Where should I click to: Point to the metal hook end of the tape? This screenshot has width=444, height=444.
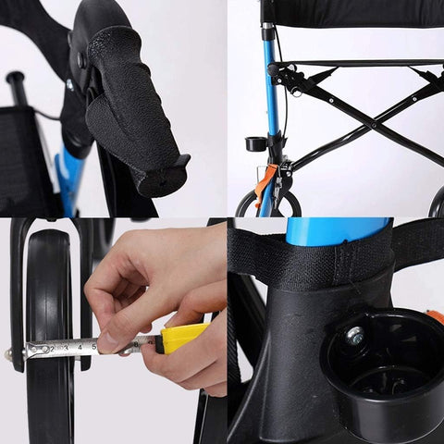click(x=26, y=351)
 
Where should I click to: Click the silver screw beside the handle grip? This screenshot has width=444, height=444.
click(x=70, y=84)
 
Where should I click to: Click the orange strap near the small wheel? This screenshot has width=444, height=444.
click(x=265, y=180)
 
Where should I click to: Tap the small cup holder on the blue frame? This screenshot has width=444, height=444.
click(x=254, y=143)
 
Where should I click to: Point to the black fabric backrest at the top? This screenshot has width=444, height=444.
click(x=351, y=14)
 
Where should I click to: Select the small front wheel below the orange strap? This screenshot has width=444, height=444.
click(x=268, y=203)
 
